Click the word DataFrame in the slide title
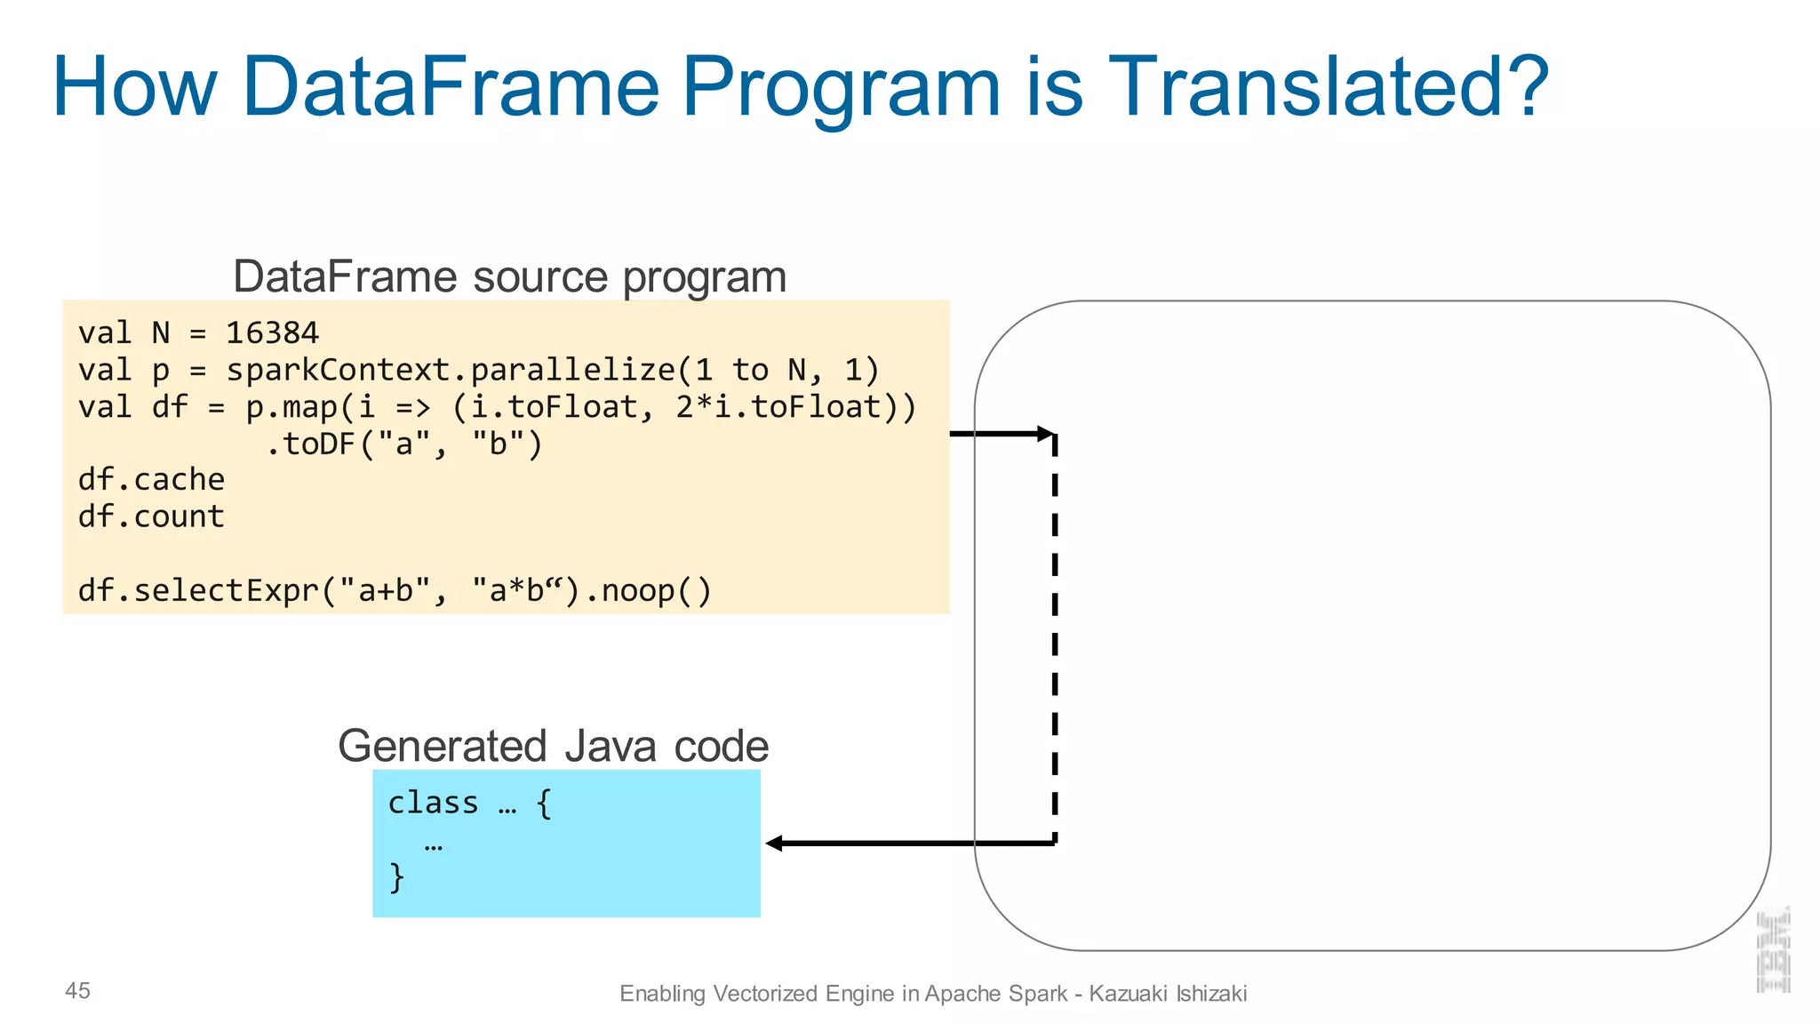[450, 86]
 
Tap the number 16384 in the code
[272, 333]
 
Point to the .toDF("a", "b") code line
[404, 444]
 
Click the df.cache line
[151, 480]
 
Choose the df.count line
[151, 516]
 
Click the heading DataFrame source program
[509, 276]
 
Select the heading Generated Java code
[553, 746]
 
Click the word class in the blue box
[433, 803]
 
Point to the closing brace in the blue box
[396, 876]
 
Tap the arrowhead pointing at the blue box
[774, 843]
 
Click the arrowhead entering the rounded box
[1046, 434]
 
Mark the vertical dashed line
[1055, 640]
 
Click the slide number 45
[77, 990]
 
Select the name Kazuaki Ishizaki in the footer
[1168, 993]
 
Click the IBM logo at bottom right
[1774, 949]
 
